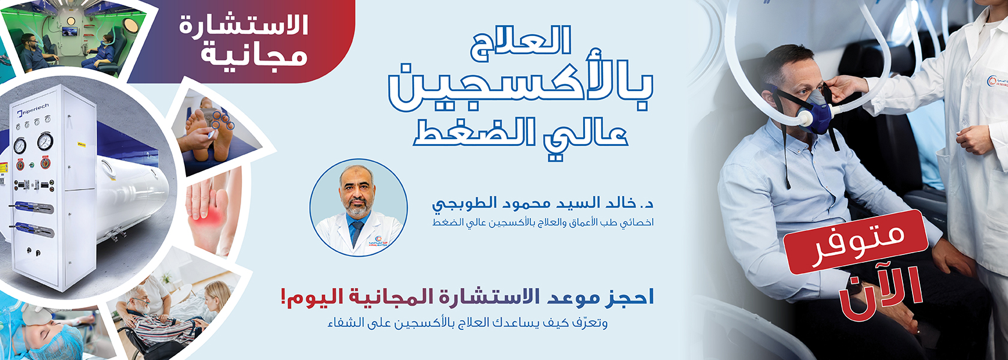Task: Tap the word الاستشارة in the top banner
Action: point(244,25)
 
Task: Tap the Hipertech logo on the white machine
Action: point(33,110)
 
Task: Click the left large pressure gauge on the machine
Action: point(20,146)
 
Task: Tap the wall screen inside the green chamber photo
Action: point(70,31)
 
